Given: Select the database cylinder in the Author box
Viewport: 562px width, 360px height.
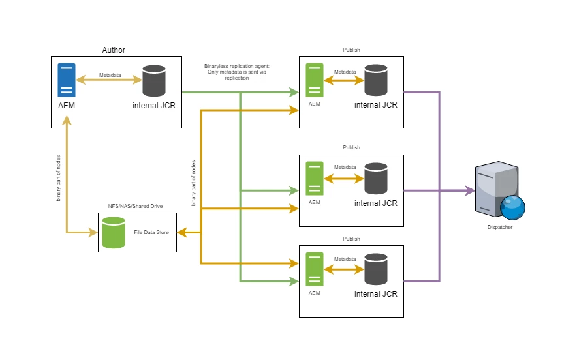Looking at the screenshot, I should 154,80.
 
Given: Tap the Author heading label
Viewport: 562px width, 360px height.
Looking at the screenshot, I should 114,50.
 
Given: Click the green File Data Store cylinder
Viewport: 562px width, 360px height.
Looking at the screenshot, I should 114,232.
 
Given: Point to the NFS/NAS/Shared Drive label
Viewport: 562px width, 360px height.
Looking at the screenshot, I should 135,206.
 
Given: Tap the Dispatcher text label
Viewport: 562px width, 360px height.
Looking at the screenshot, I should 500,227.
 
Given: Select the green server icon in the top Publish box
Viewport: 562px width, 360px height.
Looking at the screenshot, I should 315,80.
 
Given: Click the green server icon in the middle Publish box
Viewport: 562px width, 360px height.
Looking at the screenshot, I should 315,178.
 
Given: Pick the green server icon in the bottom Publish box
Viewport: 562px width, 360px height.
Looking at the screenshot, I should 315,269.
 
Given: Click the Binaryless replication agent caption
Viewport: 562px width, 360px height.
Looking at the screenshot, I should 237,72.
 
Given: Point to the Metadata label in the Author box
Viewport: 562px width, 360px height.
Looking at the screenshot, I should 110,75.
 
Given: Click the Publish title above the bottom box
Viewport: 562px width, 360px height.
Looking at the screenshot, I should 351,239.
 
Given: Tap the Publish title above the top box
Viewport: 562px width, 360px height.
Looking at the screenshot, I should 351,50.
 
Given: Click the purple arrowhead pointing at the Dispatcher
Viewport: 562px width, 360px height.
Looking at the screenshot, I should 470,191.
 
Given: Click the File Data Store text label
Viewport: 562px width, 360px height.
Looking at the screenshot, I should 151,232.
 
